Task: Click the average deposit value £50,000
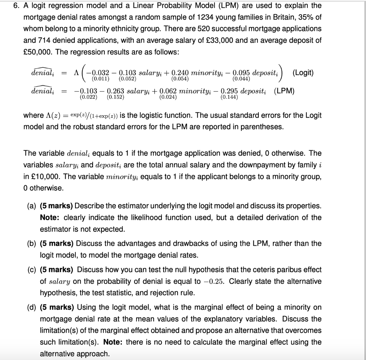point(37,51)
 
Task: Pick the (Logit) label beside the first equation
point(303,73)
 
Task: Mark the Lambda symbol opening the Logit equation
point(75,73)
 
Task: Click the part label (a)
point(32,206)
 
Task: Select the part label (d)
point(32,307)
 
